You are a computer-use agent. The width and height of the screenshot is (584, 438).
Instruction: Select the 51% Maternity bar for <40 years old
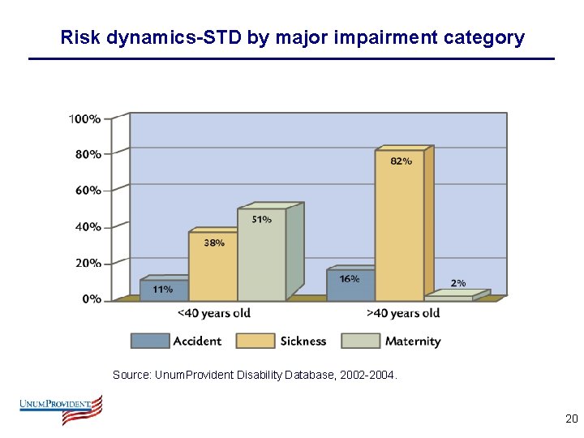coord(261,255)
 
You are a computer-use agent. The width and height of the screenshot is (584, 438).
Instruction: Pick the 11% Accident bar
coord(164,290)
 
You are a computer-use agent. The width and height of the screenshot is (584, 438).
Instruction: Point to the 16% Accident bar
coord(350,286)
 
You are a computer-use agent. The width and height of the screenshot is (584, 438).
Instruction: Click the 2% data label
coord(458,283)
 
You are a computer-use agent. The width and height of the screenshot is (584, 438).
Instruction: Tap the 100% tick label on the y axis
coord(84,118)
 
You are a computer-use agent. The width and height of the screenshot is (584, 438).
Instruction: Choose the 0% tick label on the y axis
coord(91,298)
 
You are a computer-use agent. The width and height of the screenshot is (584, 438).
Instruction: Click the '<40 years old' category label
coord(213,313)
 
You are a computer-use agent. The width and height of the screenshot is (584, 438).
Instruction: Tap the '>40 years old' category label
coord(403,313)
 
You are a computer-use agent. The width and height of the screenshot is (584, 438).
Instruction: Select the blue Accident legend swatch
coord(150,341)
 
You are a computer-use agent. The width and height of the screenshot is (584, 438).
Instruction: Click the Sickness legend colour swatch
coord(255,341)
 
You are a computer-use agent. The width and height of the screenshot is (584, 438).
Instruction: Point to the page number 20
coord(571,419)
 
